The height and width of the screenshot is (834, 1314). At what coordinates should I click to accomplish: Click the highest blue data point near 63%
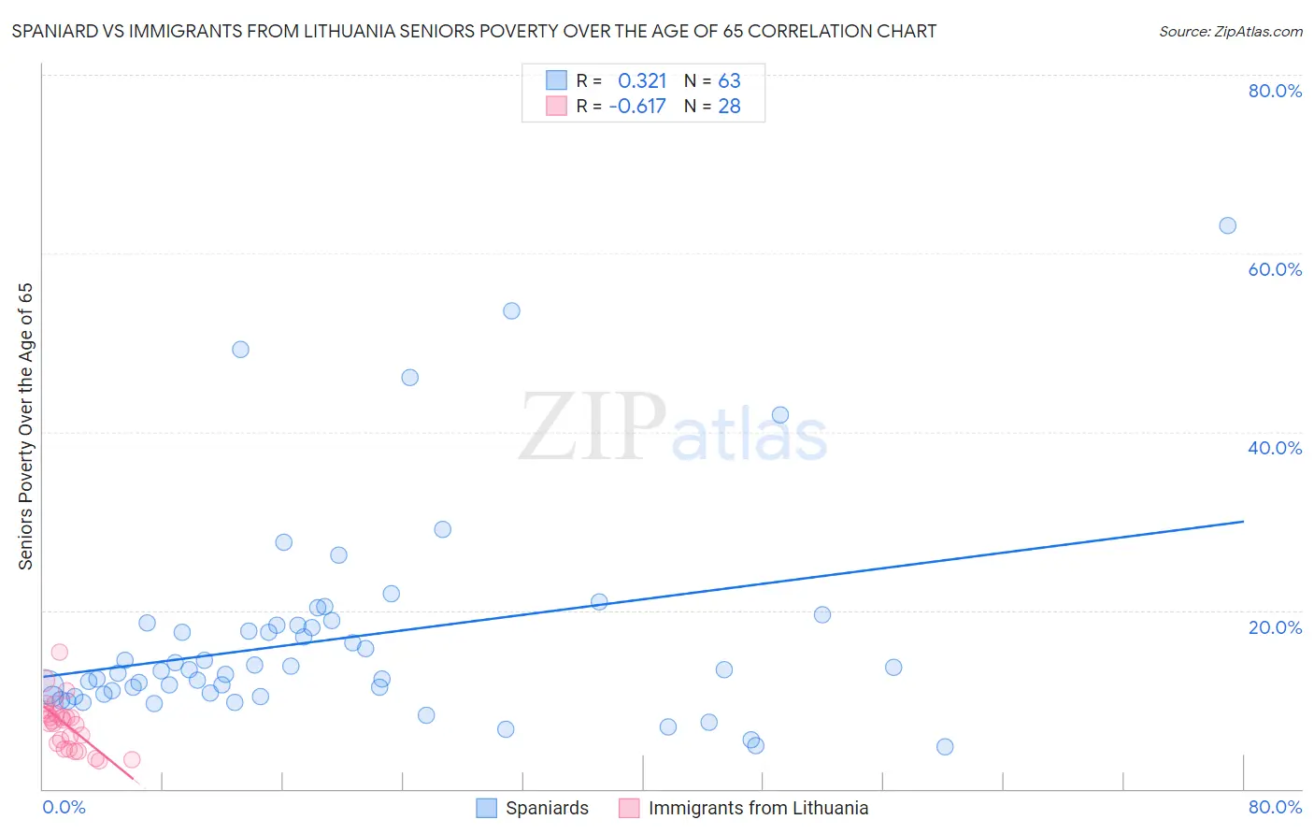pyautogui.click(x=1227, y=225)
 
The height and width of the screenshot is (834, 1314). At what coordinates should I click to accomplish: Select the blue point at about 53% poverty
pyautogui.click(x=511, y=310)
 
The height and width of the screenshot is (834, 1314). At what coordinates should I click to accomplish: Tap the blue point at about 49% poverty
pyautogui.click(x=240, y=349)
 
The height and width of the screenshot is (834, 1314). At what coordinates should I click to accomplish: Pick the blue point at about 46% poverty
pyautogui.click(x=409, y=378)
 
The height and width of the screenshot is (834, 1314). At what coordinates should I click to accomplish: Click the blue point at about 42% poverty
pyautogui.click(x=780, y=414)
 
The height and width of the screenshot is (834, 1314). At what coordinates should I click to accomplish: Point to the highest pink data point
pyautogui.click(x=59, y=652)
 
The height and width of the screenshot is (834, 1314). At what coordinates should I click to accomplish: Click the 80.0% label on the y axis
pyautogui.click(x=1275, y=91)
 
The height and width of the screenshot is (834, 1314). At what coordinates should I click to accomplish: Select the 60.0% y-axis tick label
pyautogui.click(x=1275, y=269)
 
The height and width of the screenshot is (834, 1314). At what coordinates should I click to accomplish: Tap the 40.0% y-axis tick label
pyautogui.click(x=1275, y=448)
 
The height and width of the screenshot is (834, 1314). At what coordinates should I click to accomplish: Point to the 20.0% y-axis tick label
pyautogui.click(x=1275, y=627)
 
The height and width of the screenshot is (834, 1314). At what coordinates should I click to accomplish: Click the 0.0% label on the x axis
pyautogui.click(x=64, y=807)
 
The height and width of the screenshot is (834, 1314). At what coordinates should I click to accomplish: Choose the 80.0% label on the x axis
pyautogui.click(x=1275, y=807)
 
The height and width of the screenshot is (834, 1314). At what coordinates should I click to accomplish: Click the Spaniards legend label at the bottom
pyautogui.click(x=547, y=808)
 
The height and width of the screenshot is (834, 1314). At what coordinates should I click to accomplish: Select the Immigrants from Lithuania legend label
pyautogui.click(x=758, y=808)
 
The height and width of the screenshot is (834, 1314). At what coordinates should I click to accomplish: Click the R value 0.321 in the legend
pyautogui.click(x=642, y=81)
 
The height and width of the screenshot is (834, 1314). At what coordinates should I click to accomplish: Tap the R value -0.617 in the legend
pyautogui.click(x=637, y=107)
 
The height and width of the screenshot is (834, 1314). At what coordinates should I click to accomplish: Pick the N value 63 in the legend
pyautogui.click(x=729, y=81)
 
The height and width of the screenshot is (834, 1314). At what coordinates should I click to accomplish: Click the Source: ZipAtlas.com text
pyautogui.click(x=1230, y=32)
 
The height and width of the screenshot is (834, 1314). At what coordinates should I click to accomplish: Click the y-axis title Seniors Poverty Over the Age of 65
pyautogui.click(x=26, y=425)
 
